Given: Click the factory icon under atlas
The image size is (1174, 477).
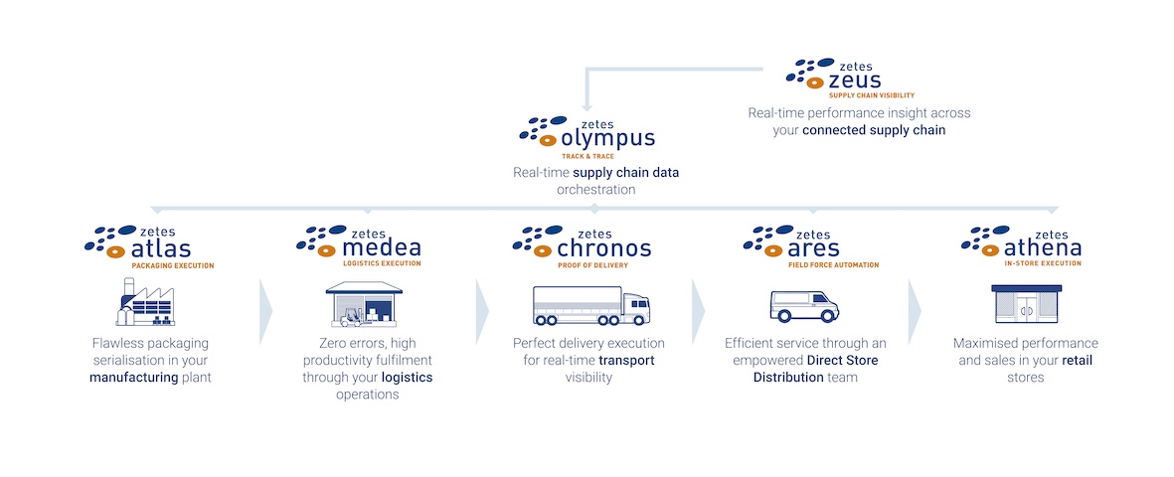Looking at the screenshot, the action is pyautogui.click(x=145, y=302).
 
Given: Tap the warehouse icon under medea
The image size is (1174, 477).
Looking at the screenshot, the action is pyautogui.click(x=364, y=304).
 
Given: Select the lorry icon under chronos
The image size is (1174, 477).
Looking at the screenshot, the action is pyautogui.click(x=591, y=305).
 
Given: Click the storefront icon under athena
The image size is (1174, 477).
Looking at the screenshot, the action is pyautogui.click(x=1026, y=305).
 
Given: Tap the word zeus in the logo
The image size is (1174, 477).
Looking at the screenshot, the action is pyautogui.click(x=855, y=80).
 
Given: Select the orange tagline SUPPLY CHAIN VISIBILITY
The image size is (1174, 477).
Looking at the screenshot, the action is pyautogui.click(x=872, y=95).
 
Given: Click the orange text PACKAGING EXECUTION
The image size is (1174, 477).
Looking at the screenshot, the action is pyautogui.click(x=173, y=265).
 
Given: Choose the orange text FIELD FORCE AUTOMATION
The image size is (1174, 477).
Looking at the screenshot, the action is pyautogui.click(x=833, y=265).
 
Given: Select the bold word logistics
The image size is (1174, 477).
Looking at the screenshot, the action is pyautogui.click(x=408, y=378).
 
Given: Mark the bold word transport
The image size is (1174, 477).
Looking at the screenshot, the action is pyautogui.click(x=626, y=360).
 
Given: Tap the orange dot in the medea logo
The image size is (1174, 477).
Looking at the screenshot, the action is pyautogui.click(x=326, y=250).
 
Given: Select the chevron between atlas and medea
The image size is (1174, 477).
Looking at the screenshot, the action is pyautogui.click(x=265, y=311).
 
